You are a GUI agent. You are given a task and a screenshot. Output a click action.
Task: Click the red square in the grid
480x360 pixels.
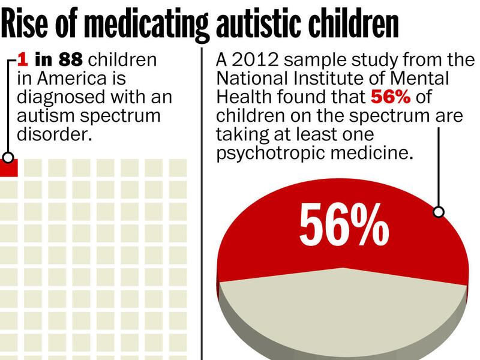(9, 167)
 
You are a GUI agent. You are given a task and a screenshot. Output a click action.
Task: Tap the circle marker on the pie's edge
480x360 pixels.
(439, 211)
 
